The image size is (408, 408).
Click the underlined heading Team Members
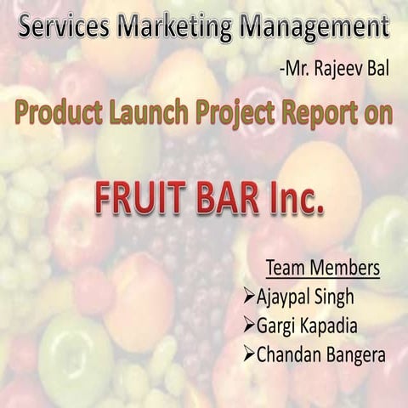(322, 269)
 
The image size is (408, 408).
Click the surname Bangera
(348, 353)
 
